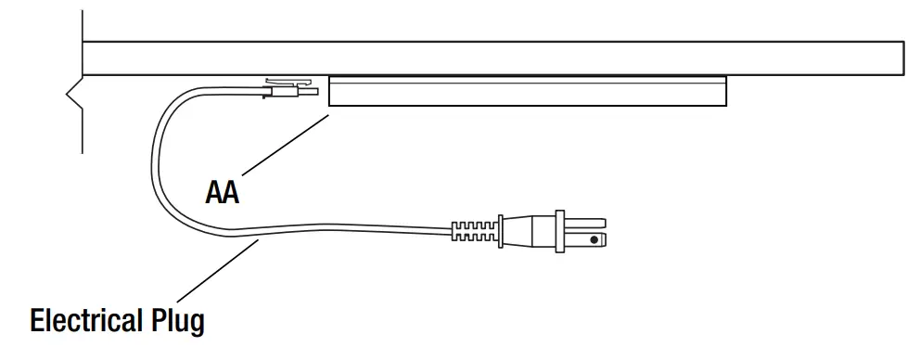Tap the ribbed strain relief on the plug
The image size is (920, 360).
475,230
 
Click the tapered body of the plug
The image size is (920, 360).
529,231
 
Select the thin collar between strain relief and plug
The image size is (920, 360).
501,230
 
